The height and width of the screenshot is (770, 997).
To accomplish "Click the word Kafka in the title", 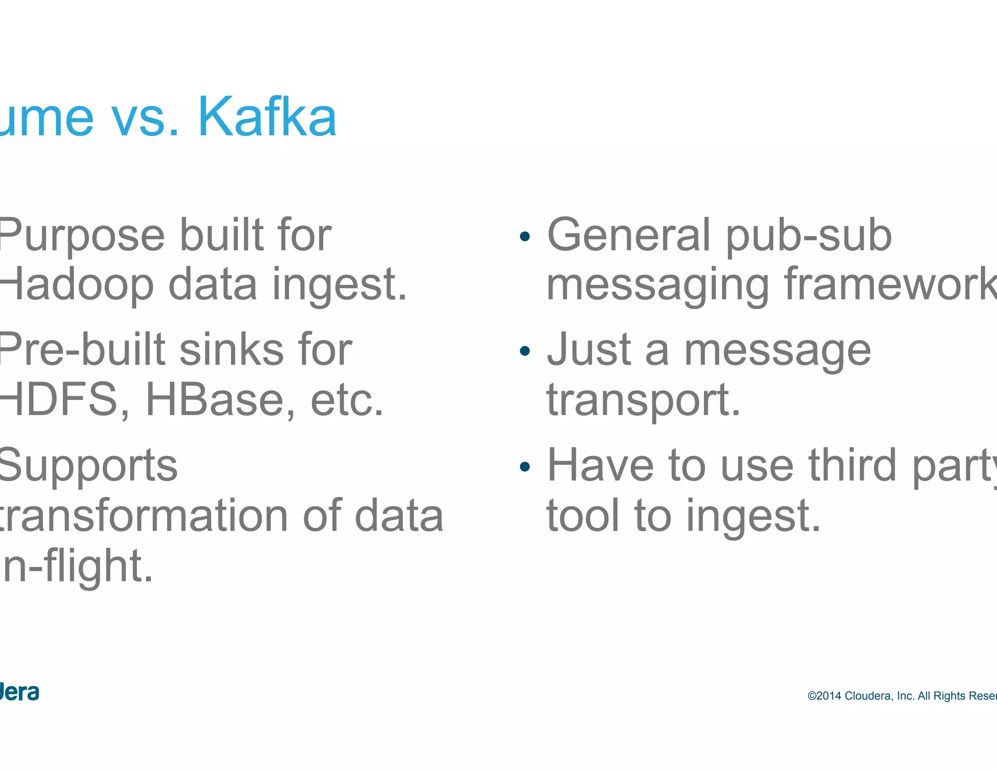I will click(267, 117).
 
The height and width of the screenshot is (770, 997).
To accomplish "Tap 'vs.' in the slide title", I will click(146, 119).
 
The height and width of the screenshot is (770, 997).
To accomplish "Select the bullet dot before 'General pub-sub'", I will click(524, 237).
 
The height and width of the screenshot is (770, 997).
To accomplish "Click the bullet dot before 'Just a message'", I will click(524, 351).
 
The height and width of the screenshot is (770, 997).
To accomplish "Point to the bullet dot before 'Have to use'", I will click(524, 467).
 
